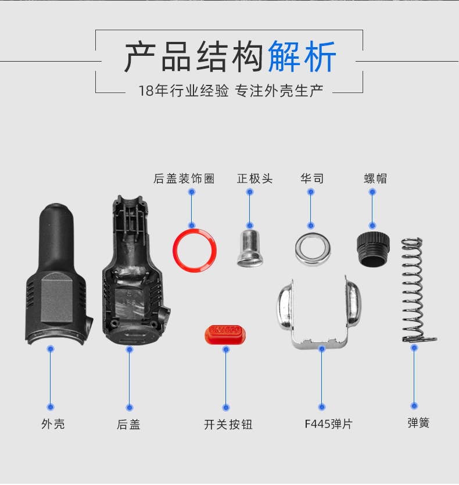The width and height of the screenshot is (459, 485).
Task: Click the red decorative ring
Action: pos(195,251)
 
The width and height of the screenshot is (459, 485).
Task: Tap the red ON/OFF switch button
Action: pos(225,334)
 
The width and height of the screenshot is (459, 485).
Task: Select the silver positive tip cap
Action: pos(250,248)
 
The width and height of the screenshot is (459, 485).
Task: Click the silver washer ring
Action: pos(313,249)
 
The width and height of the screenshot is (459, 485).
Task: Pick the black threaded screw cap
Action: pos(373,249)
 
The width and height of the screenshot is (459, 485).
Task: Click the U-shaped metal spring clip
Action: pos(319,312)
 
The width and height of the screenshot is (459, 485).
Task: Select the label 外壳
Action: pos(53,424)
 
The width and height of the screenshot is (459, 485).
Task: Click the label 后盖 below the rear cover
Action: pos(128,424)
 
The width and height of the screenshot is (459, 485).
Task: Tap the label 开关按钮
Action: pos(228,425)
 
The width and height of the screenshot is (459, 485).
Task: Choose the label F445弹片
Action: pos(329,424)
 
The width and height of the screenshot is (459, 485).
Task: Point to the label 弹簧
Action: pos(418,423)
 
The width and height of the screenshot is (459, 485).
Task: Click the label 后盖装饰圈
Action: pos(184,179)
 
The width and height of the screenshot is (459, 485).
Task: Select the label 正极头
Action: pos(254,179)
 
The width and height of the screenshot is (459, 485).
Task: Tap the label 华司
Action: pos(312,179)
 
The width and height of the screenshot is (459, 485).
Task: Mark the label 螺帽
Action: pos(375,179)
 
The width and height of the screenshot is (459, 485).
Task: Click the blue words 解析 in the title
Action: pos(302,56)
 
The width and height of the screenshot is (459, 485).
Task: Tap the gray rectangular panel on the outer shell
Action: pos(57,298)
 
